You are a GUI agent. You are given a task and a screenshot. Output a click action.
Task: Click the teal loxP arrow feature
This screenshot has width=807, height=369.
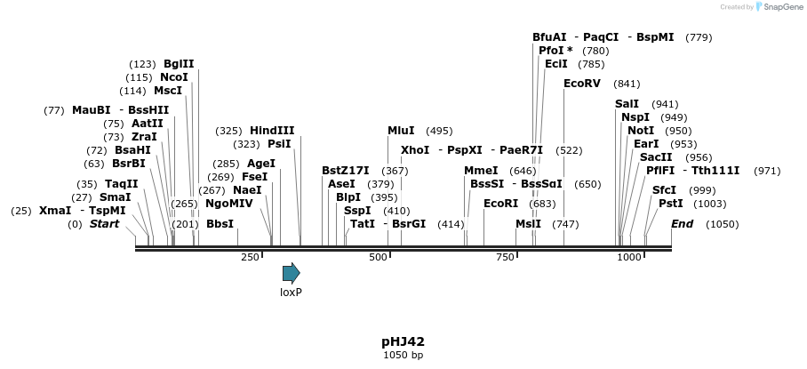tap(291, 273)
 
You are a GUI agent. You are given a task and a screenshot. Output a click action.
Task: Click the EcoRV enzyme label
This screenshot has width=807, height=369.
tap(582, 84)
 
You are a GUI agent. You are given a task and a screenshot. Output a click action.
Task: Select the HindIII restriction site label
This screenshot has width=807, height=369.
tap(272, 131)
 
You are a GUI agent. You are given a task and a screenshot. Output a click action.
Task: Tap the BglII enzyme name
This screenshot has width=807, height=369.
tap(179, 64)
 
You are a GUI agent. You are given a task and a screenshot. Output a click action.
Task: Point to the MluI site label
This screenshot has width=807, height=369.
tap(401, 131)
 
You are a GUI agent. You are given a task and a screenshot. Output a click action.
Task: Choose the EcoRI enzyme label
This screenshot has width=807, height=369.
tap(500, 204)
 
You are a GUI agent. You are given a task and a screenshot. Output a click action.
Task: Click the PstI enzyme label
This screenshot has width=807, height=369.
tap(670, 204)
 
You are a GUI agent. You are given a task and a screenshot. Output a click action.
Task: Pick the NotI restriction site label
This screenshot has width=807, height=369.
tap(641, 131)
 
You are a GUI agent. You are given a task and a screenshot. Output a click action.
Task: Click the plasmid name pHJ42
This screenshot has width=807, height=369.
tap(403, 341)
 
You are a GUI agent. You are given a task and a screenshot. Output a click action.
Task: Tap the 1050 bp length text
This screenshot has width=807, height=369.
tap(403, 355)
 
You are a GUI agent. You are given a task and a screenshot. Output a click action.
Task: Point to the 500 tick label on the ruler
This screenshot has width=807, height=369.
tap(379, 258)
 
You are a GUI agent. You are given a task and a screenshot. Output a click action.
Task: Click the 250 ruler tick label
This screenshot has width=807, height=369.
tap(250, 258)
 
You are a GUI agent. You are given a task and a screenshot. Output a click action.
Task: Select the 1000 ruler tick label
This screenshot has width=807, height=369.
tap(629, 258)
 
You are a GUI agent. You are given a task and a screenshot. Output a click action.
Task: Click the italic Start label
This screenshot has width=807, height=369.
tap(104, 224)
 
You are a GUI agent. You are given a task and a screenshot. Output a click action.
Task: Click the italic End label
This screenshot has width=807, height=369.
tap(682, 224)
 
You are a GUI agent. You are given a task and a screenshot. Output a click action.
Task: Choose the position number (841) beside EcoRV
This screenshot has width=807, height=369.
tap(627, 84)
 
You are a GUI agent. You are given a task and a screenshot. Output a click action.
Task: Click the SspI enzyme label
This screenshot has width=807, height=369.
tap(357, 211)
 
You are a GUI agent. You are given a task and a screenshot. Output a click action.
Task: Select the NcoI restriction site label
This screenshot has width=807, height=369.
tap(174, 77)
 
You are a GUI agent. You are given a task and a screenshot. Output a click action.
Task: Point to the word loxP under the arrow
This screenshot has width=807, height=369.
tap(291, 292)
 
